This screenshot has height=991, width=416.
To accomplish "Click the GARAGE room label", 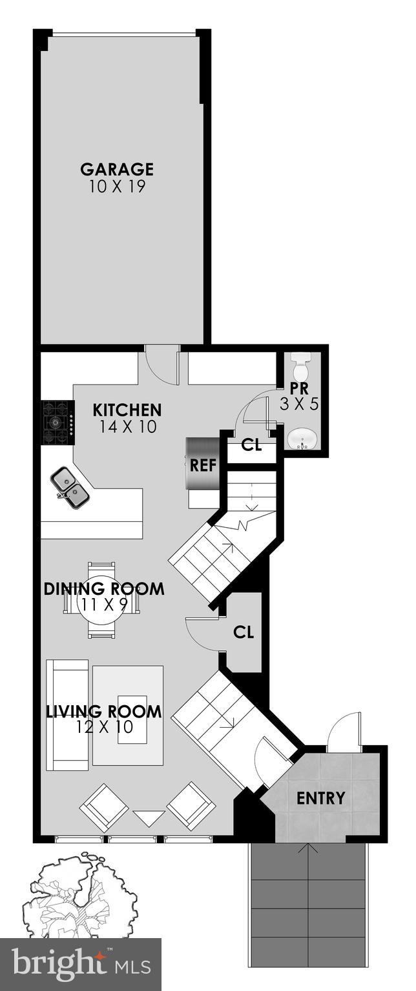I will [117, 170].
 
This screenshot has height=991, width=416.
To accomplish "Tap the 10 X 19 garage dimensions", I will [117, 187].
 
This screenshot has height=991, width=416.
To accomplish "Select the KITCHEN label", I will [127, 410].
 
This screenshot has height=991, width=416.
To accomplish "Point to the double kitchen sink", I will [70, 486].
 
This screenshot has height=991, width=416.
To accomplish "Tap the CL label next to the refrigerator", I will [251, 445].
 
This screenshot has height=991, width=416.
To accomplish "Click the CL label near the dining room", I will [244, 632].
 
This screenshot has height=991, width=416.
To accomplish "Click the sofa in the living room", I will [67, 715].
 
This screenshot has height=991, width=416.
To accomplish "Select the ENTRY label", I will [321, 798].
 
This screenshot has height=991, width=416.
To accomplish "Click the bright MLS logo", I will [81, 965].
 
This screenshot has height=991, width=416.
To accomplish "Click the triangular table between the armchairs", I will [148, 817].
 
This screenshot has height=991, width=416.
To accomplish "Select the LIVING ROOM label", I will [104, 712].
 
